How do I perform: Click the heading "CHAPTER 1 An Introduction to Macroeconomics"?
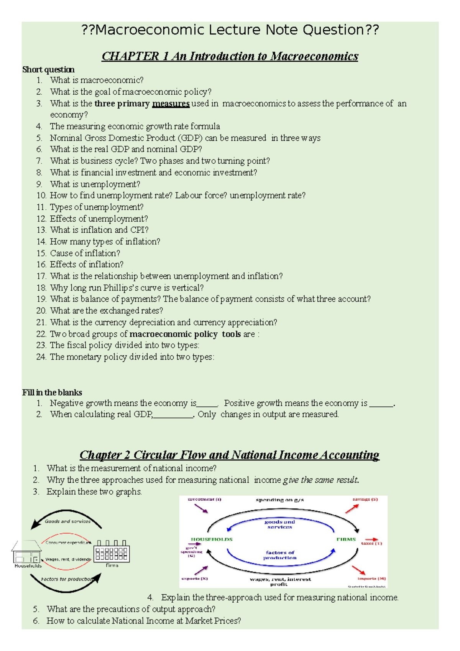[230, 56]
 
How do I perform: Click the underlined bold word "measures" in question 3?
[171, 104]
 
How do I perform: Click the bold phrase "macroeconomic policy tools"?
[185, 334]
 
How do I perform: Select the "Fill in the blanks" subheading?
[52, 392]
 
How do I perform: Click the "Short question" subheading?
[48, 69]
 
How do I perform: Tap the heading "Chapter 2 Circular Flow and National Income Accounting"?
[229, 455]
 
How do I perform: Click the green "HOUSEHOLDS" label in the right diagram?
[212, 539]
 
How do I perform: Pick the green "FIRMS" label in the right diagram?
[346, 539]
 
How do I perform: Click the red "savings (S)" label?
[365, 499]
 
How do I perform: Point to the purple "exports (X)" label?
[194, 579]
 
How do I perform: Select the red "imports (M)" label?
[371, 579]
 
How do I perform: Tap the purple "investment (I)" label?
[204, 499]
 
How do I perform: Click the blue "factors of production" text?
[280, 555]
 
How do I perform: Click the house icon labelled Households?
[26, 552]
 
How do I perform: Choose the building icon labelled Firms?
[112, 552]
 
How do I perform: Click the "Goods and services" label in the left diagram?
[67, 521]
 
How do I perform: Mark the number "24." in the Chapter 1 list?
[41, 357]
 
